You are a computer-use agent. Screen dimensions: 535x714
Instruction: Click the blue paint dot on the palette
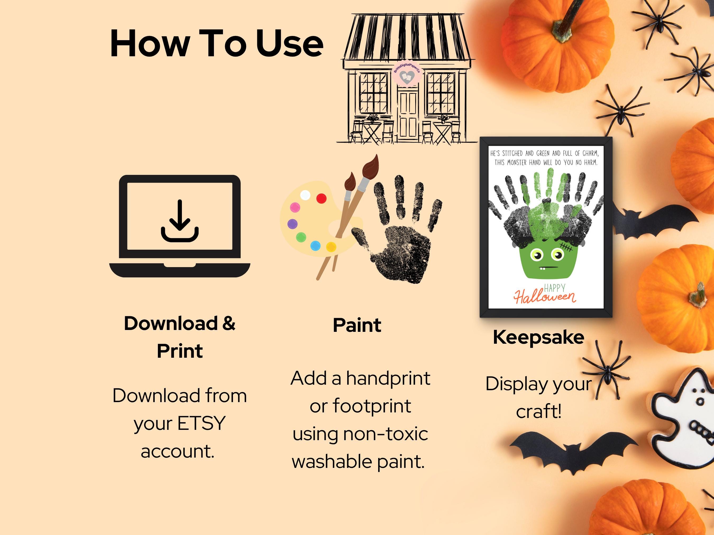(x=315, y=246)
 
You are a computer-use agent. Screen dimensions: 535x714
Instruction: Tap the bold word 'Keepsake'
(x=538, y=337)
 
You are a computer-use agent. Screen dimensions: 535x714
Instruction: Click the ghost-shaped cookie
(x=686, y=419)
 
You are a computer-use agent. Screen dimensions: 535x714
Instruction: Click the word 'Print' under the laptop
(x=180, y=351)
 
